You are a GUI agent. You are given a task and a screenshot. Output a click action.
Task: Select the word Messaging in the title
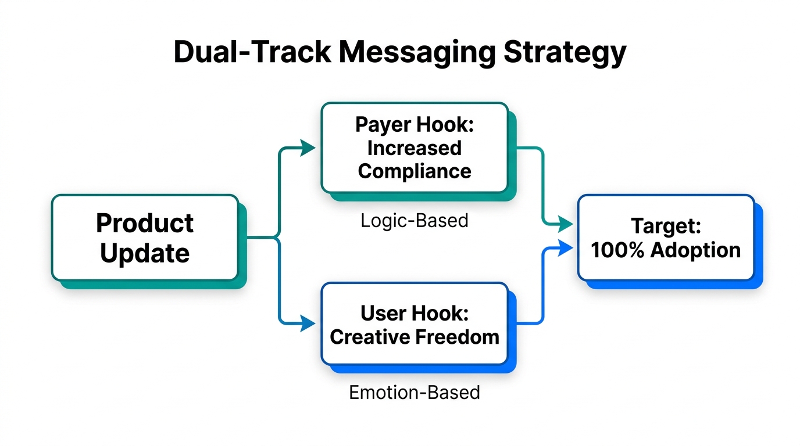tap(417, 52)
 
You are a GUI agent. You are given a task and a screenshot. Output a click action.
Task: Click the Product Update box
tap(145, 238)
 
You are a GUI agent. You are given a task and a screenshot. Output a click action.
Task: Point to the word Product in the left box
tap(145, 223)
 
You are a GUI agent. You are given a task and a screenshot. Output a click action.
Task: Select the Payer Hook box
tap(415, 148)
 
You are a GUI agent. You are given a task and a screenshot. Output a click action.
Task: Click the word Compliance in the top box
tap(415, 171)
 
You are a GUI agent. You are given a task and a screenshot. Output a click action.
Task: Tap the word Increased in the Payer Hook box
tap(415, 148)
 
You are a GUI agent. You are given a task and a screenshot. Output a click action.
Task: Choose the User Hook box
tap(415, 324)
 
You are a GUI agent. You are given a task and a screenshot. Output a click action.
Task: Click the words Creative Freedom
tap(415, 337)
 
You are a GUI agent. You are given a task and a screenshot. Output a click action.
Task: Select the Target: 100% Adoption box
tap(666, 238)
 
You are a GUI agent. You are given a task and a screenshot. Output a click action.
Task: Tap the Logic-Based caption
tap(415, 221)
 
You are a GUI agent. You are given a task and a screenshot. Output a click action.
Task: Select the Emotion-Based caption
tap(415, 393)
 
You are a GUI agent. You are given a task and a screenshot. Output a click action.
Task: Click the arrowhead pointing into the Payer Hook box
tap(308, 149)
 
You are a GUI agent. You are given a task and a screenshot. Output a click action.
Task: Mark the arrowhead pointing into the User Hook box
tap(308, 323)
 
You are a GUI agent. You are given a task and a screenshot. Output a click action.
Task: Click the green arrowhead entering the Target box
tap(565, 223)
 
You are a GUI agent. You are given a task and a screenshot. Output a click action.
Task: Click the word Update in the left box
tap(145, 254)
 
